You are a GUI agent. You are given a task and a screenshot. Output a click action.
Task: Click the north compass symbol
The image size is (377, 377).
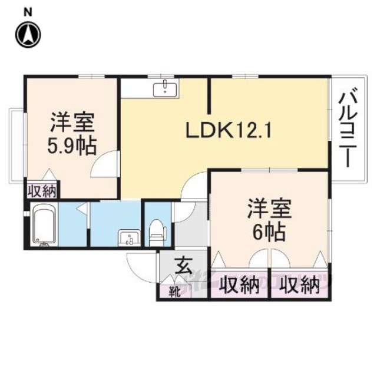[28, 34]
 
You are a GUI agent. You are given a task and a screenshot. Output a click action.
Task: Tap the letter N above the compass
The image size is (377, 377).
[28, 12]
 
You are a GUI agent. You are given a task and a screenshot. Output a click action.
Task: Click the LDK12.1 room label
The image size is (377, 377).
[229, 131]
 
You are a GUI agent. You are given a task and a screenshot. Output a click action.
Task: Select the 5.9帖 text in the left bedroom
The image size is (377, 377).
[72, 146]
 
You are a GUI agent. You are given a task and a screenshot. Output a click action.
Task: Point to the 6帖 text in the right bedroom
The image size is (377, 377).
[269, 233]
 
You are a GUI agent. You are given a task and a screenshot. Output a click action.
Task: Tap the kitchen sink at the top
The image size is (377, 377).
[166, 88]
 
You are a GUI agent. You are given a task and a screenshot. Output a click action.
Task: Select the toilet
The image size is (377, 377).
[157, 232]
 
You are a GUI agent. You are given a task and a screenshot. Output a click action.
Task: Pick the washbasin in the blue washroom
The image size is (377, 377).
[129, 238]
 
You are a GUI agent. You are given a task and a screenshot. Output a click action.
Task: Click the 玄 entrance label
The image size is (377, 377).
[184, 265]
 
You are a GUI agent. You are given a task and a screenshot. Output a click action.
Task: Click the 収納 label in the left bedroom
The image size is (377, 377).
[42, 191]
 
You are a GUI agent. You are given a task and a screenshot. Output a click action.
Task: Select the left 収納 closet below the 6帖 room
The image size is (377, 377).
[240, 286]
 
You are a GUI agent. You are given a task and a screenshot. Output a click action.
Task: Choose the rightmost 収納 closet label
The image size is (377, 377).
[301, 286]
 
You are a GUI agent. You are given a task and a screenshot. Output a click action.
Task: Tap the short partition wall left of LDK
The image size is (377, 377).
[210, 95]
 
